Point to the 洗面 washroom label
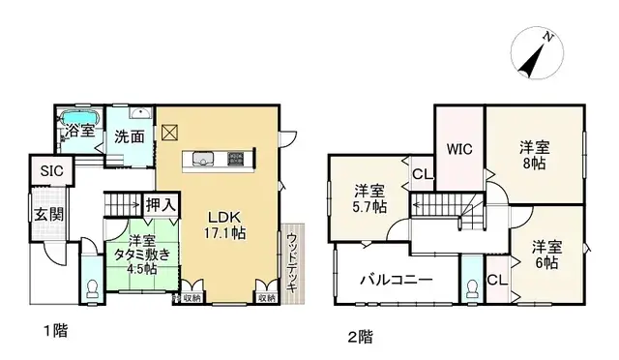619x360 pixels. [127, 137]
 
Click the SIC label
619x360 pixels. [50, 171]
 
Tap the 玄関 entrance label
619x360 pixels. [47, 214]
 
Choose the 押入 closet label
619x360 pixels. [160, 205]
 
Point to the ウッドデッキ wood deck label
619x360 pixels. [291, 260]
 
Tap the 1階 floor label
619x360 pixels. [54, 332]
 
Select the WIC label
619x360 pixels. [458, 150]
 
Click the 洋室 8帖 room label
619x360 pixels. [534, 155]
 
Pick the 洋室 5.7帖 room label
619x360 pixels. [368, 197]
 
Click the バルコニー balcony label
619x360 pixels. [396, 281]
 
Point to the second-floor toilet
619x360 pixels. [471, 288]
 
